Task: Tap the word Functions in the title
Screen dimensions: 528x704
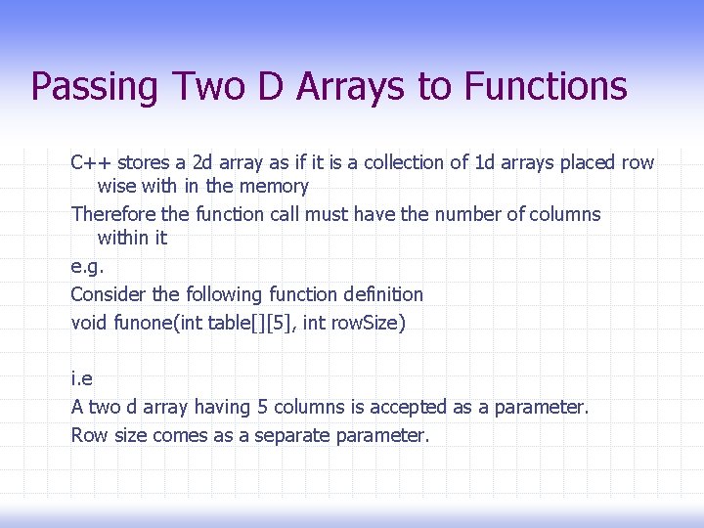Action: pos(546,86)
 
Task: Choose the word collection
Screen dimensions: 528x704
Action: pos(398,162)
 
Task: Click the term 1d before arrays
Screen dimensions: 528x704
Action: pos(484,162)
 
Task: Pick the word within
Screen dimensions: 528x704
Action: pos(122,238)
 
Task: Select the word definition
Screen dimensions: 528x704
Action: pos(383,294)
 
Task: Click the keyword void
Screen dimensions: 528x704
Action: pos(89,322)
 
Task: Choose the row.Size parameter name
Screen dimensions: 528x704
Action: pos(367,322)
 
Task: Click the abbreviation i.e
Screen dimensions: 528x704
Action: pos(82,377)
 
